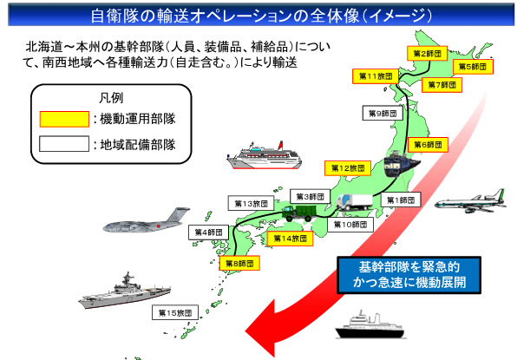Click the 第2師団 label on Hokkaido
[x=427, y=54]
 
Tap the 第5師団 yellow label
[x=473, y=67]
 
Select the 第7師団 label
[x=442, y=85]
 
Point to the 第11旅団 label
[x=376, y=76]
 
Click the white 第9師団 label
[x=383, y=113]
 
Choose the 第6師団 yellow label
[x=428, y=144]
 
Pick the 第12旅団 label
[x=348, y=168]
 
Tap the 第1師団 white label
[x=401, y=200]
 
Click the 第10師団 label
[x=350, y=224]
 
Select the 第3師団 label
[x=310, y=197]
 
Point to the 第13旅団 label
[x=251, y=203]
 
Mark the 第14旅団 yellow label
[x=290, y=238]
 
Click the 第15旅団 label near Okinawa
[x=174, y=312]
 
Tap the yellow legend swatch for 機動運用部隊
[x=64, y=119]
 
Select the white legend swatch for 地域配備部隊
[x=64, y=144]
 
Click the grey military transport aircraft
[x=146, y=219]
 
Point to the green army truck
[x=299, y=213]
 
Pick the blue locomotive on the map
[x=402, y=164]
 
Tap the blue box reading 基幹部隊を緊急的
[x=409, y=275]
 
